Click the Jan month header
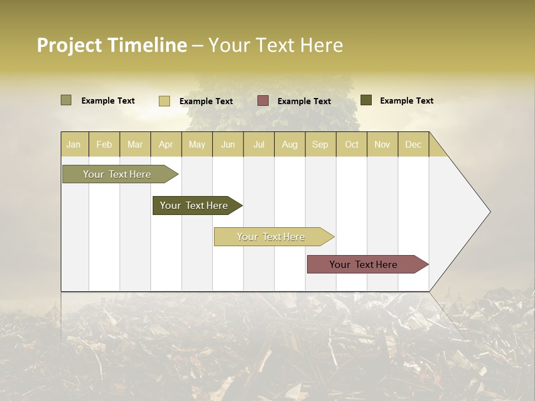(x=74, y=144)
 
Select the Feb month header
(x=104, y=144)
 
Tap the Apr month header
(x=166, y=144)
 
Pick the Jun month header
(x=228, y=144)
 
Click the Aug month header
(x=290, y=144)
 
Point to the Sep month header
(x=320, y=144)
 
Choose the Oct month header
(x=352, y=144)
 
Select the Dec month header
(x=414, y=144)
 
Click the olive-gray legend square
(x=66, y=100)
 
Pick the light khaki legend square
(x=164, y=101)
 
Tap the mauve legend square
(x=263, y=101)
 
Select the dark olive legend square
(x=366, y=100)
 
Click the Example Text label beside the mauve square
(x=304, y=101)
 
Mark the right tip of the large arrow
(x=489, y=212)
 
